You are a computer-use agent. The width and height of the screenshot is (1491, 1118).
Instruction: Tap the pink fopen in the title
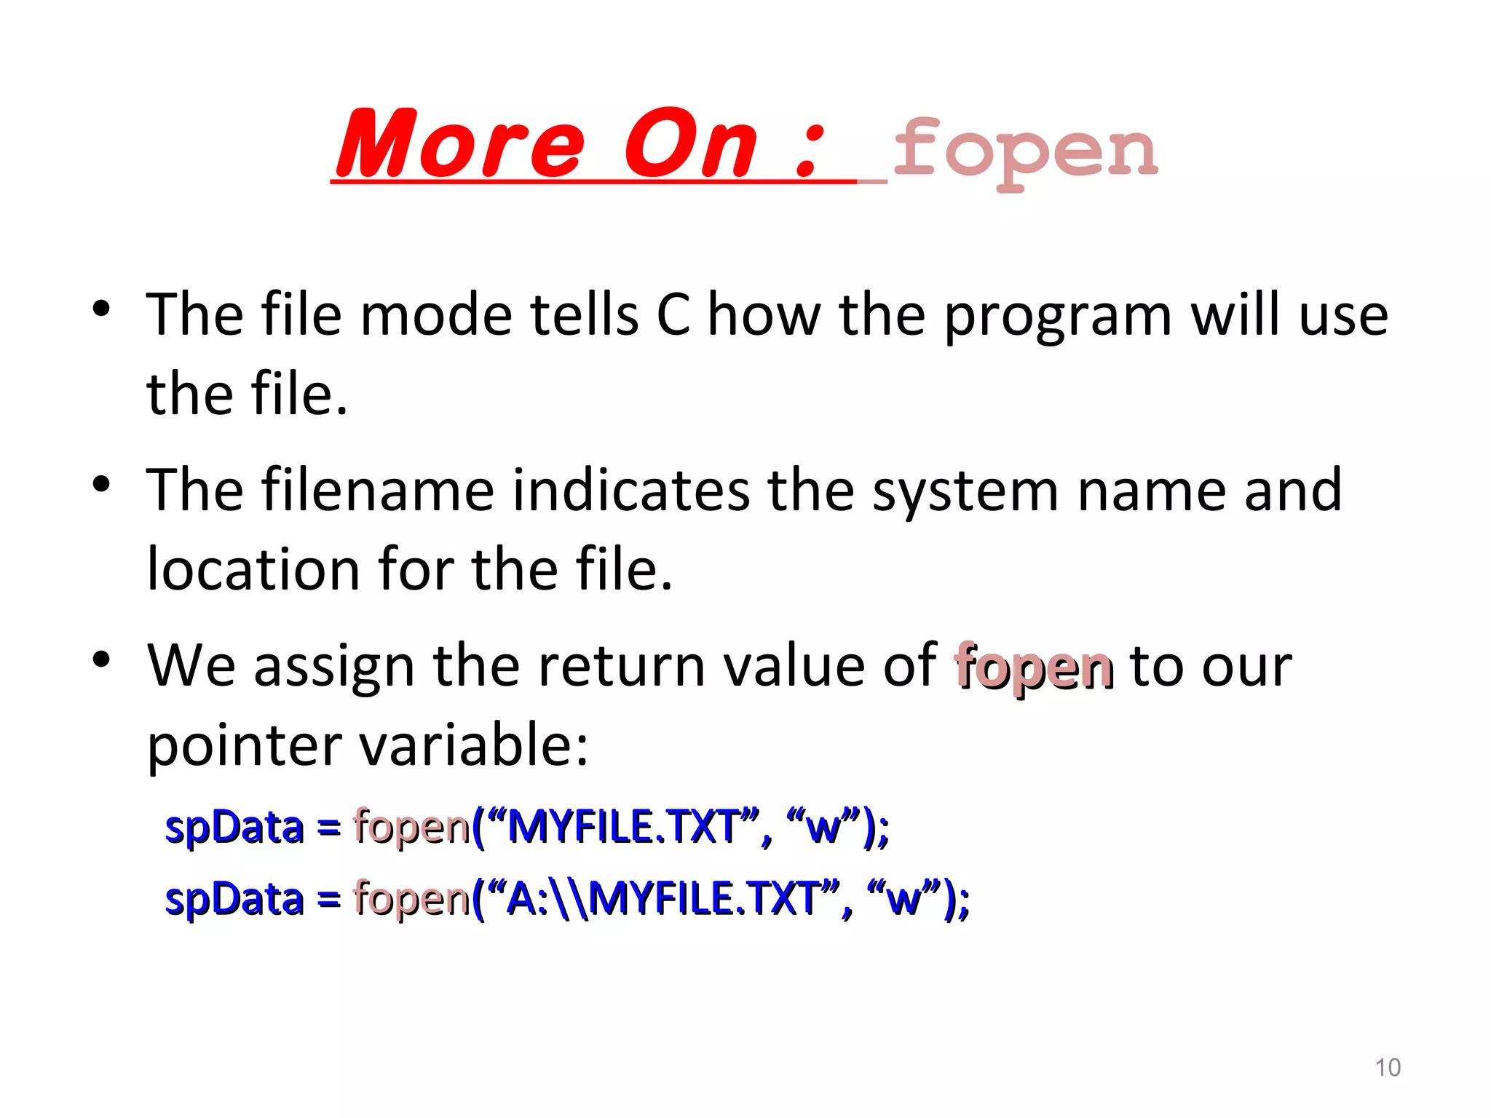point(1024,151)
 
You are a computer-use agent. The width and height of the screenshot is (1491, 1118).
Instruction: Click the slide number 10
point(1387,1068)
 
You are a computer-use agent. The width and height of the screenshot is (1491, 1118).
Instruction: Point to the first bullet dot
point(101,309)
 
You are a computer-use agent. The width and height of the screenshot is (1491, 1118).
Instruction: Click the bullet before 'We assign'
point(101,659)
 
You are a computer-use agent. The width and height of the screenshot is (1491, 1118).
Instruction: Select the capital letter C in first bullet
point(673,314)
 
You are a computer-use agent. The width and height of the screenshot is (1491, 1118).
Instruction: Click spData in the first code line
point(234,828)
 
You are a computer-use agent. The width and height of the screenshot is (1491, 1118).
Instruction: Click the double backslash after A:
point(569,898)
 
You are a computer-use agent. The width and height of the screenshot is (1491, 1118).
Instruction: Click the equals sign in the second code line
point(328,900)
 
